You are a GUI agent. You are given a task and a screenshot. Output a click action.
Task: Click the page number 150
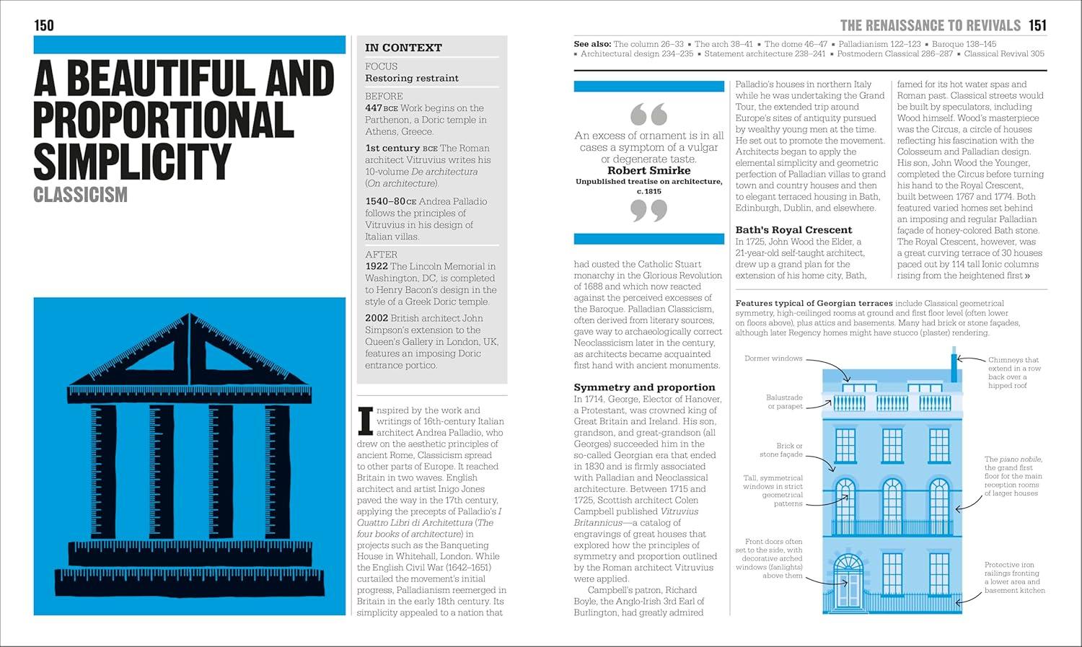click(44, 26)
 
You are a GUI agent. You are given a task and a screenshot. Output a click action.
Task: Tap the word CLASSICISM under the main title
click(80, 195)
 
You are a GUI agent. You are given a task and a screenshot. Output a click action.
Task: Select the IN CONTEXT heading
click(403, 48)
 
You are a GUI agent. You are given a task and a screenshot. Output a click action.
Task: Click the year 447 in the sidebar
click(374, 108)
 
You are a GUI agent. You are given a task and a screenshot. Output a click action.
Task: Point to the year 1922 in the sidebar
click(377, 266)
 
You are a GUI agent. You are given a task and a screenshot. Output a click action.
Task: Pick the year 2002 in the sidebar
click(377, 318)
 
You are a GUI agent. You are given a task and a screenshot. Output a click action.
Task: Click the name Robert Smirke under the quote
click(648, 171)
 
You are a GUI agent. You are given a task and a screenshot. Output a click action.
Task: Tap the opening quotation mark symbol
click(648, 114)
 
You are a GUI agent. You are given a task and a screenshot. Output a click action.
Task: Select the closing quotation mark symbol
click(648, 211)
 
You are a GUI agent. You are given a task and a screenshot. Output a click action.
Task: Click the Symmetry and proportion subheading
click(644, 387)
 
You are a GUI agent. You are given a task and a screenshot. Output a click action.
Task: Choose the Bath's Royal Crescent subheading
click(793, 230)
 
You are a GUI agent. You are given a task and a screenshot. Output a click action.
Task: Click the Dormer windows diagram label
click(773, 358)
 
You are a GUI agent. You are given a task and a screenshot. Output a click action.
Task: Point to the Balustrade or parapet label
click(784, 402)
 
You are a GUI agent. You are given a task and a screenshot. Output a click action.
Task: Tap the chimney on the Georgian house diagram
click(954, 366)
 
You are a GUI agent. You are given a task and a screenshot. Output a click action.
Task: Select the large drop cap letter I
click(366, 421)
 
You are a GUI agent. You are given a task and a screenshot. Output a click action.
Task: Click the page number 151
click(1037, 26)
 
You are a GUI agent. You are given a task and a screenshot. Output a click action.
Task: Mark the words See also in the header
click(591, 44)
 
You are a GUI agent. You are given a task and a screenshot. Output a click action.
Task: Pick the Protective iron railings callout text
click(1013, 578)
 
